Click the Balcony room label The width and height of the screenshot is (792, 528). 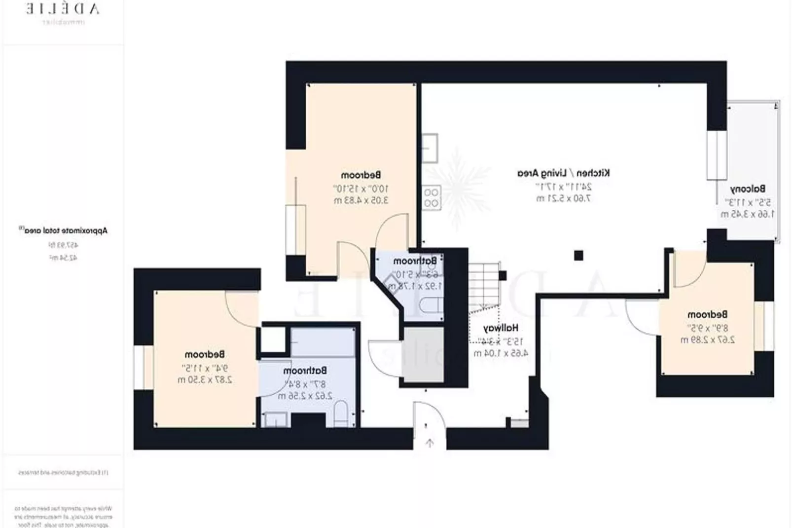click(x=748, y=189)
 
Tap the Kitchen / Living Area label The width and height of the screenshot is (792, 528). click(x=563, y=173)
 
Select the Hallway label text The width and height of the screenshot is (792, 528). click(x=500, y=328)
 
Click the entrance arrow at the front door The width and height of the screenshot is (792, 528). click(x=430, y=443)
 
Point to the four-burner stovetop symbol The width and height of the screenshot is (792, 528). click(x=432, y=197)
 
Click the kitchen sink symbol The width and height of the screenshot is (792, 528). click(x=430, y=148)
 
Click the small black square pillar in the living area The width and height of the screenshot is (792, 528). click(x=578, y=255)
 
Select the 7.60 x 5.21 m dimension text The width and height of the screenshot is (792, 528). click(x=563, y=198)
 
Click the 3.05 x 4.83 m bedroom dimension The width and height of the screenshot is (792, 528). click(x=360, y=200)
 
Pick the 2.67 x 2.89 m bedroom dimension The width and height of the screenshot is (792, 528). click(x=707, y=340)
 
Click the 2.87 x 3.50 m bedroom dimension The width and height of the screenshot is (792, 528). click(x=205, y=380)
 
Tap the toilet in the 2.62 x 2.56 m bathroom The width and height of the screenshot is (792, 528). click(x=341, y=413)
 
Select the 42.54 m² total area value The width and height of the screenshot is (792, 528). click(x=63, y=258)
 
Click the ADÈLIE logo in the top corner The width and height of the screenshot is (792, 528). click(x=63, y=9)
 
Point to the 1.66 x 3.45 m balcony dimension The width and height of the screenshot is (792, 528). click(x=747, y=214)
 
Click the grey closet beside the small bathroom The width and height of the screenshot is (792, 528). click(x=424, y=354)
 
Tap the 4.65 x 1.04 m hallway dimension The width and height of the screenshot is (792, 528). click(x=500, y=353)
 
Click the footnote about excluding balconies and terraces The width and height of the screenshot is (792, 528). click(x=63, y=472)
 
